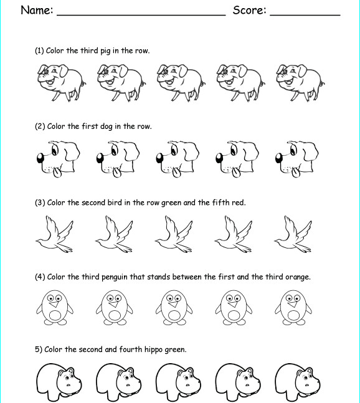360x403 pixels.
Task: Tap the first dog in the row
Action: pos(56,158)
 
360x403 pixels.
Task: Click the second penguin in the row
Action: pos(115,307)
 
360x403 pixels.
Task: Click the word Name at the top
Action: pos(36,10)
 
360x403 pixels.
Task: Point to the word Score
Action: pos(249,10)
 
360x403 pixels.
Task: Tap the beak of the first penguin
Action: pos(55,305)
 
